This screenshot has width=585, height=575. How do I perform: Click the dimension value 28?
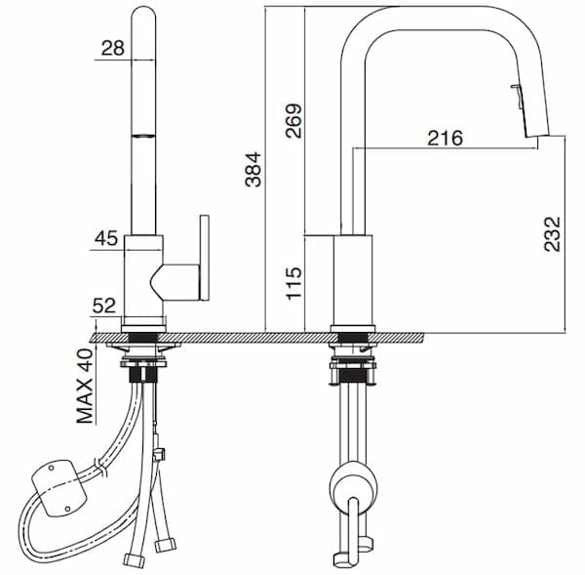coord(114,48)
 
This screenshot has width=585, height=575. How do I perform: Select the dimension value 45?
coord(106,237)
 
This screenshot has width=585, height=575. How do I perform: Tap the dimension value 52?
coord(104,306)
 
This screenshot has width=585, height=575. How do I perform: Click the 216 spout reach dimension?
coord(445,138)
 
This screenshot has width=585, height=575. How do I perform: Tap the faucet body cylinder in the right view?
coord(352,278)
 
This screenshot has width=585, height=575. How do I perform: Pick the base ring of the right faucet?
coord(352,327)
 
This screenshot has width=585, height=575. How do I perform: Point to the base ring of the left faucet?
coord(143,326)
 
